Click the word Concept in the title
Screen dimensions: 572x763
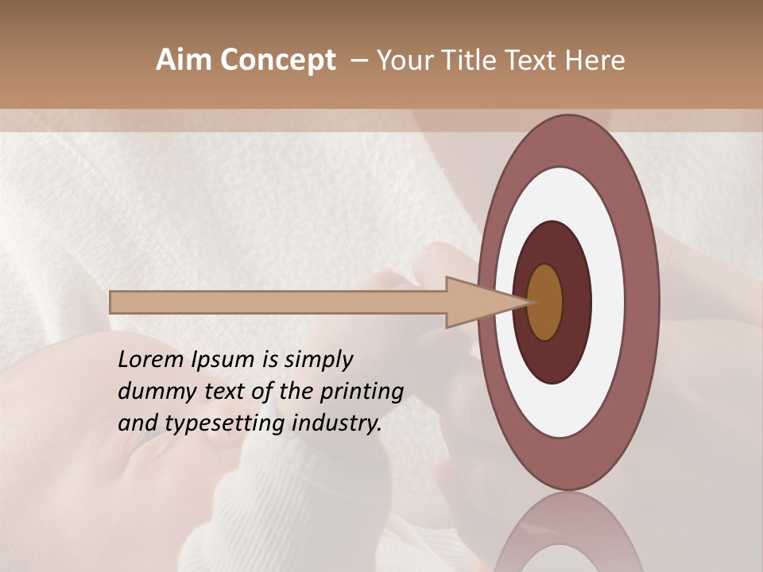click(x=277, y=60)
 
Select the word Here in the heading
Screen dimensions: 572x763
click(x=595, y=60)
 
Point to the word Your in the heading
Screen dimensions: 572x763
click(x=405, y=60)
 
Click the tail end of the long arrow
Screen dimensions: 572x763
click(x=115, y=302)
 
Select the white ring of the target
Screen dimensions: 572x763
click(x=609, y=302)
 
